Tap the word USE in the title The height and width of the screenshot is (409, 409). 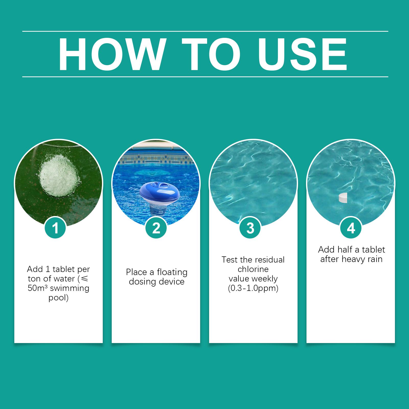[x=303, y=54]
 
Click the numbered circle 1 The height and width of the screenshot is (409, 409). [x=55, y=228]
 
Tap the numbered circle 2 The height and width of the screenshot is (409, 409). [x=156, y=228]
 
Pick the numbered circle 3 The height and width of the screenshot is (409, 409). [x=251, y=228]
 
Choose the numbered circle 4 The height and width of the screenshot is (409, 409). [x=351, y=228]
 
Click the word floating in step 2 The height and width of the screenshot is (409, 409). [x=172, y=272]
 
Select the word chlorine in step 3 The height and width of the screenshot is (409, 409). [x=253, y=269]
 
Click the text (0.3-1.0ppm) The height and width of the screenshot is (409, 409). [x=253, y=288]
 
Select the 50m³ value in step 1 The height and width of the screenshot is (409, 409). [x=38, y=288]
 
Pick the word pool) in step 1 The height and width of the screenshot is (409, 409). [x=59, y=298]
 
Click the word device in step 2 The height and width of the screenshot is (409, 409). [x=171, y=282]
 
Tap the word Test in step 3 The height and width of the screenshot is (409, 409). [x=230, y=260]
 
